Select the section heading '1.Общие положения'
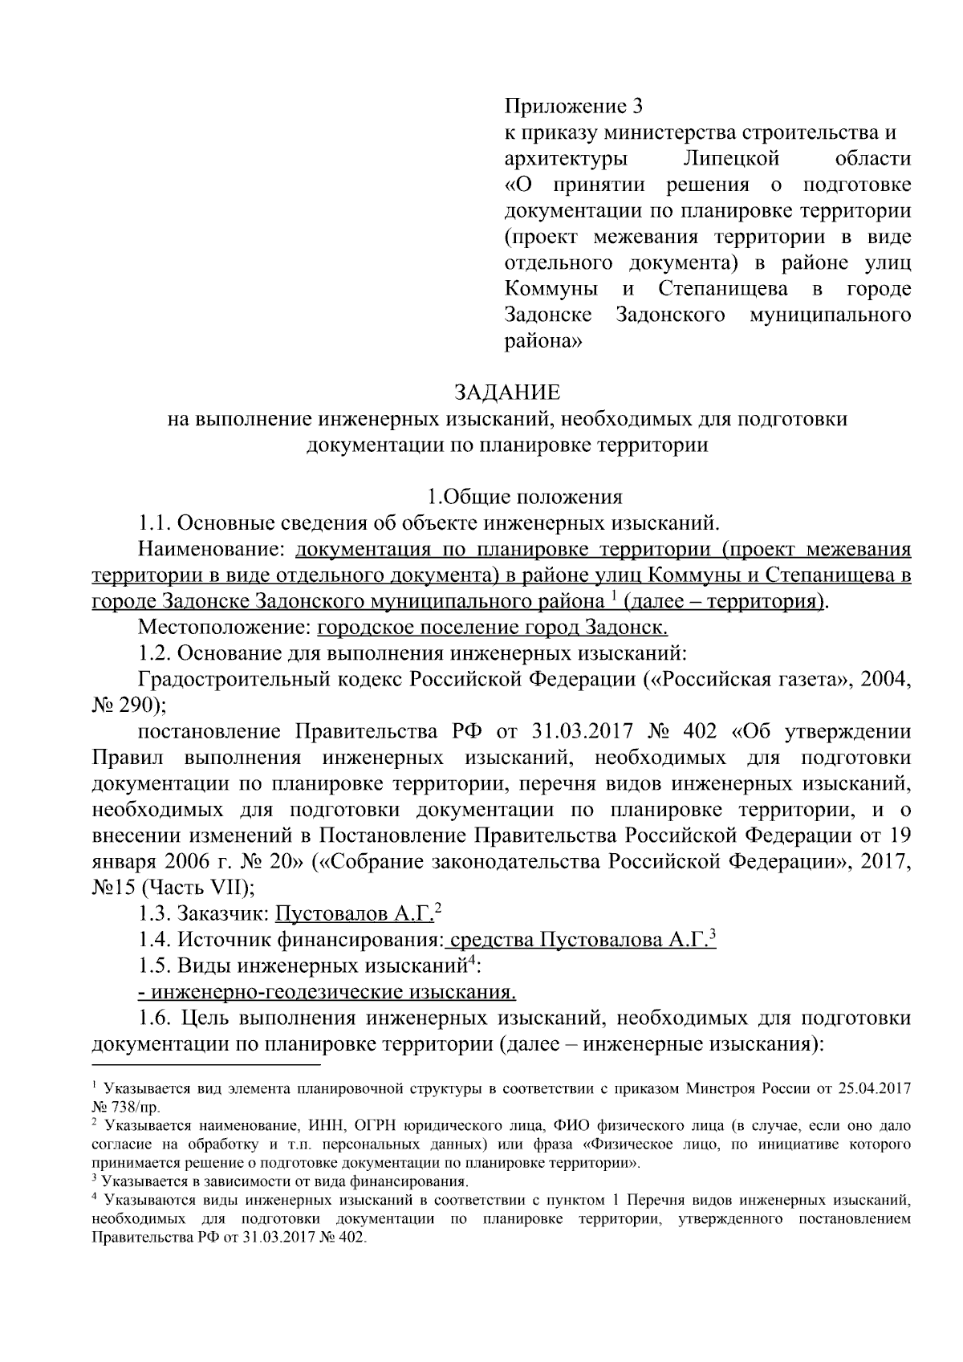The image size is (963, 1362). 523,497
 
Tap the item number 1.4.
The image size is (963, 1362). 154,940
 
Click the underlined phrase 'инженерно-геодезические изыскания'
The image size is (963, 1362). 327,992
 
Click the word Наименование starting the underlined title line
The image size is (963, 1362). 212,549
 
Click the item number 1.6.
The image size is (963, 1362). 154,1018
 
